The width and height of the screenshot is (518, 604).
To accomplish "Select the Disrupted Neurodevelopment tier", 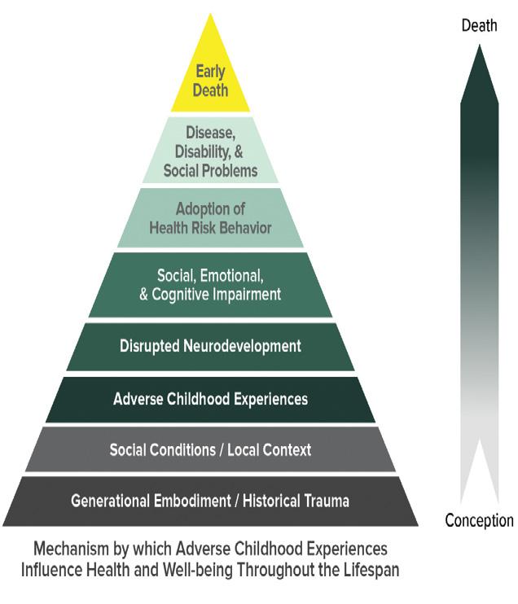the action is click(210, 347).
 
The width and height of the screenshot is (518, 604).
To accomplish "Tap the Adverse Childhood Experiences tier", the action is click(210, 400).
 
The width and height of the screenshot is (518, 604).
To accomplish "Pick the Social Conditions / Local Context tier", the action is click(210, 449).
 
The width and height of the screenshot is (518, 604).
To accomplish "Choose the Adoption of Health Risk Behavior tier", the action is click(210, 218).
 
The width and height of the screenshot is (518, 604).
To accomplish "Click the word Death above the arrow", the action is click(479, 25).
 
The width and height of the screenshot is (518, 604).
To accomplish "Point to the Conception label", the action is click(479, 520).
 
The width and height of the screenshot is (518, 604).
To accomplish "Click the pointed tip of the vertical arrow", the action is click(480, 45).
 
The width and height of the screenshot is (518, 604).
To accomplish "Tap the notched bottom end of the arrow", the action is click(480, 439).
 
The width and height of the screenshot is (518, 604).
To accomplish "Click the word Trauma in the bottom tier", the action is click(327, 501).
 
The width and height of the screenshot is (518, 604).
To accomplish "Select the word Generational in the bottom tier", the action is click(110, 501).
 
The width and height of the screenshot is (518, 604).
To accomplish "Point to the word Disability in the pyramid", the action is click(204, 151).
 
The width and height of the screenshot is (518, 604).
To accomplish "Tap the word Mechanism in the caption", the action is click(72, 549).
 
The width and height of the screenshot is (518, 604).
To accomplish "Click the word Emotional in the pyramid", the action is click(232, 275).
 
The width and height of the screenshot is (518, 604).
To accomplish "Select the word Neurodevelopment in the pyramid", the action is click(242, 346).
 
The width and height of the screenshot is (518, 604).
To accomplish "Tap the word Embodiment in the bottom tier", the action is click(192, 501).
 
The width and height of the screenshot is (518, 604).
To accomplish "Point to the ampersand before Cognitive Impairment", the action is click(144, 295).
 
